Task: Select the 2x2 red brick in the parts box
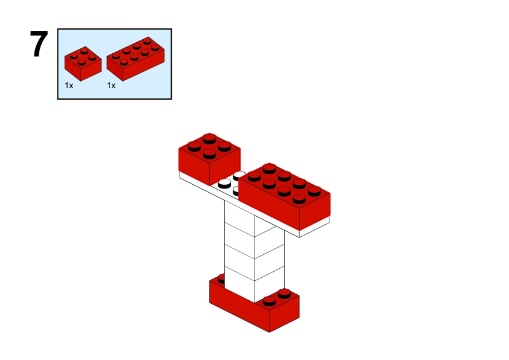[x=83, y=64]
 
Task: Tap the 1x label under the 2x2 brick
[x=69, y=86]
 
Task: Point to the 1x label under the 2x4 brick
[x=111, y=86]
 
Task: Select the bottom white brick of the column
[x=254, y=287]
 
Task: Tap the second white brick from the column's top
[x=254, y=242]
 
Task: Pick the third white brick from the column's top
[x=254, y=265]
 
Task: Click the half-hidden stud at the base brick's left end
[x=222, y=278]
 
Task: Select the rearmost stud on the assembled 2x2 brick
[x=210, y=137]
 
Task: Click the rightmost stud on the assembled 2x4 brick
[x=313, y=190]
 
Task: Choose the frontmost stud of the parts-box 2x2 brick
[x=82, y=61]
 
